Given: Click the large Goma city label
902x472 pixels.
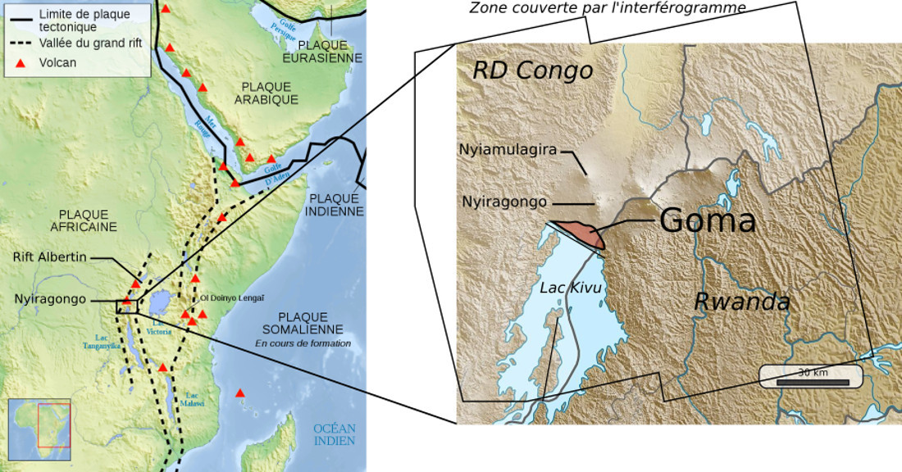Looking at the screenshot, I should pyautogui.click(x=707, y=220).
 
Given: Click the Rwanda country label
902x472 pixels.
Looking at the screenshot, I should pyautogui.click(x=741, y=302).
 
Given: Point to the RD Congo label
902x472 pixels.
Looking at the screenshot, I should pyautogui.click(x=532, y=70).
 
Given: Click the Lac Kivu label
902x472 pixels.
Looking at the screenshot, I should pyautogui.click(x=571, y=288).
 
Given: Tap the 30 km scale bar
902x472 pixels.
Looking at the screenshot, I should pyautogui.click(x=811, y=376).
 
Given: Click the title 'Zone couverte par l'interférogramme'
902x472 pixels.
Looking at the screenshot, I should pyautogui.click(x=607, y=8).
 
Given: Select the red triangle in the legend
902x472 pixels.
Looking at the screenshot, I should pyautogui.click(x=22, y=62).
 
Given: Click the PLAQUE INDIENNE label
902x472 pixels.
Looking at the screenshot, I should pyautogui.click(x=335, y=204).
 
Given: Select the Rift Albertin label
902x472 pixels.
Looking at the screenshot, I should pyautogui.click(x=49, y=257).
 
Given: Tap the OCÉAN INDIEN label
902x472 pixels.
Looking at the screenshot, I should pyautogui.click(x=334, y=434).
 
